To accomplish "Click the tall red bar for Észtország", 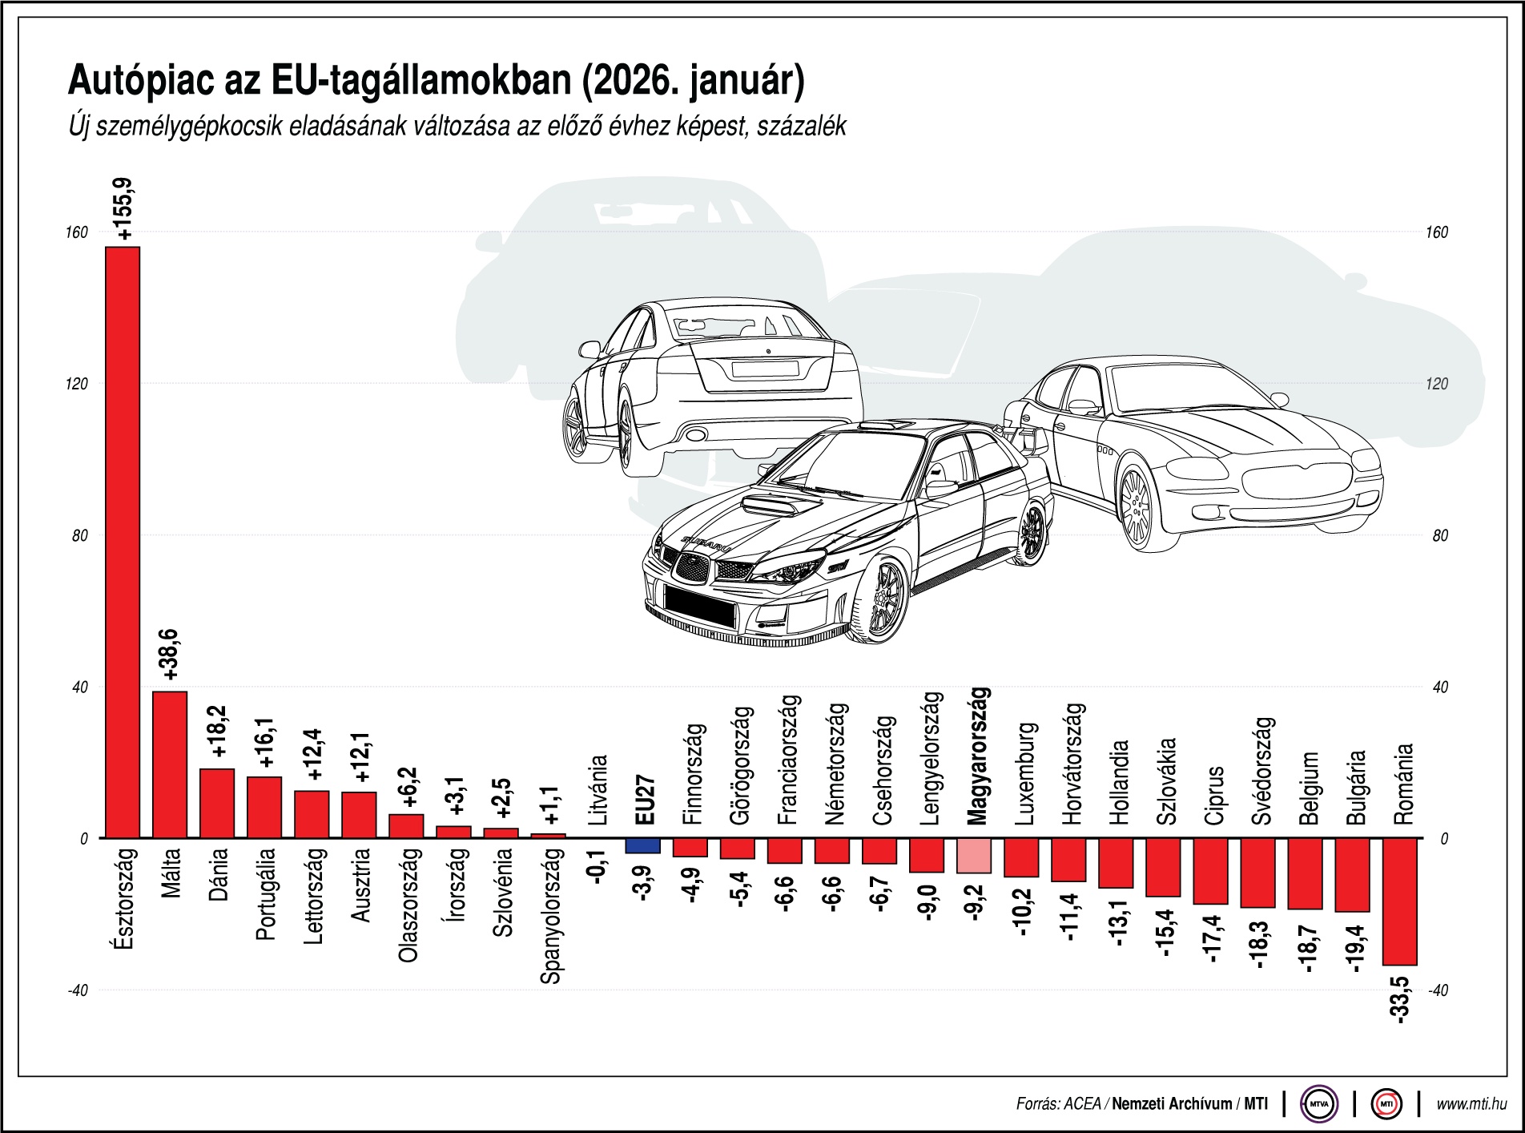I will coord(123,542).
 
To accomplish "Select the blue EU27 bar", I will coord(642,845).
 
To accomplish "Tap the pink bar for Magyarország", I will coord(974,856).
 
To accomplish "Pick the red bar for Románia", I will coord(1399,901).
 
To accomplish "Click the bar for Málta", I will coord(170,764).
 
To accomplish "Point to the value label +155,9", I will coord(126,209).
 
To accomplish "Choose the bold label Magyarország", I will coord(977,756).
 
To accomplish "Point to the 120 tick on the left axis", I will coord(78,384).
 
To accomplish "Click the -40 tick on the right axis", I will coord(1438,990).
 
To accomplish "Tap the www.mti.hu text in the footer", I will coord(1471,1104).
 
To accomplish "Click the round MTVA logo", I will coord(1318,1104).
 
